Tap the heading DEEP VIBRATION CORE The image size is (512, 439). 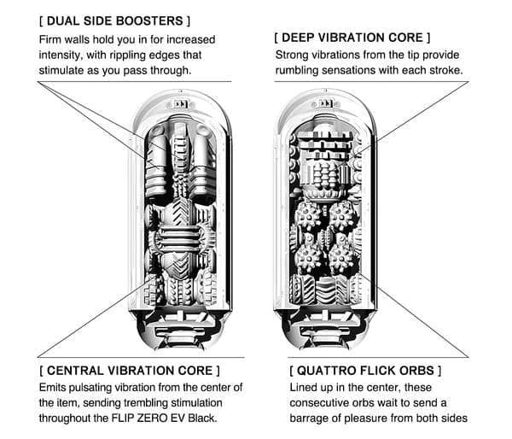click(352, 38)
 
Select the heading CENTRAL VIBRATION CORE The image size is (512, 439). click(128, 371)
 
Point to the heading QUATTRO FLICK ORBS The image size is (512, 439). click(366, 371)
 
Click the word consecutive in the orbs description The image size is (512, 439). click(323, 404)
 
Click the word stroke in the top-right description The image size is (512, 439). click(445, 70)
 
